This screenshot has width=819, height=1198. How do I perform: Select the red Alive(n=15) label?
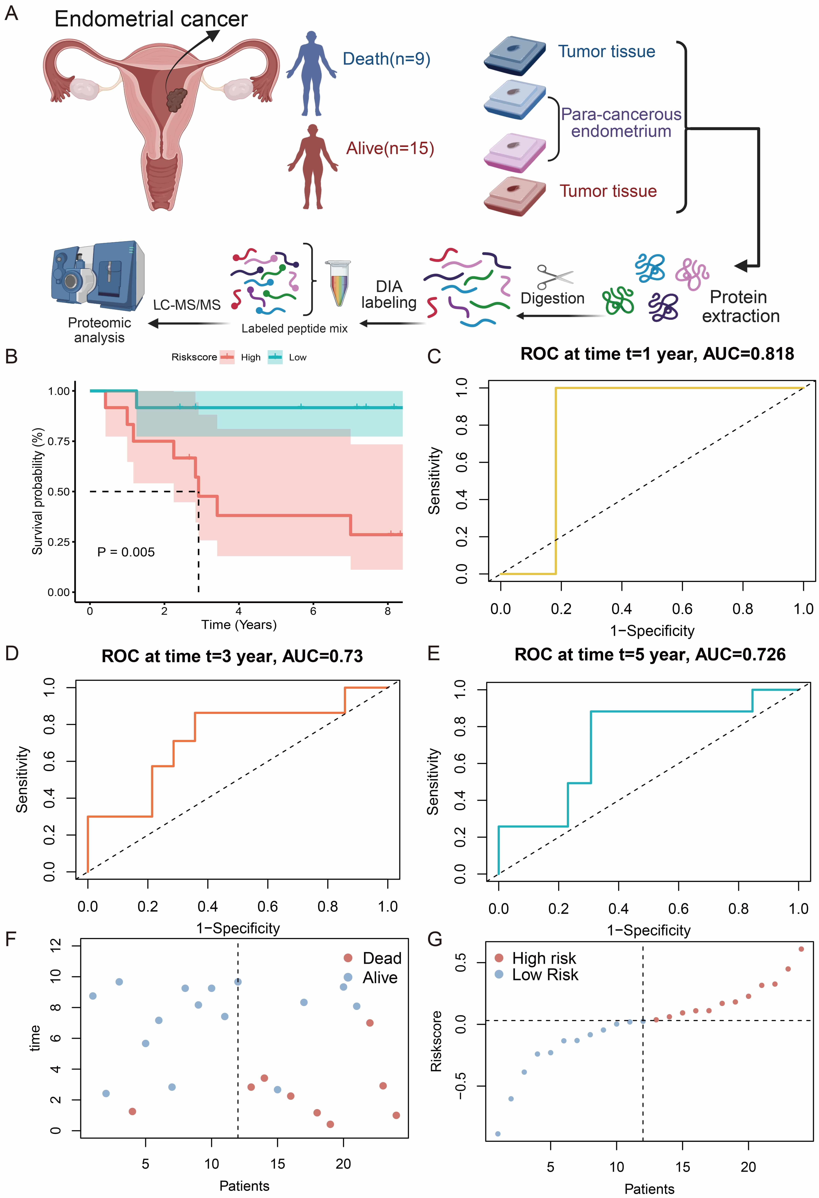390,149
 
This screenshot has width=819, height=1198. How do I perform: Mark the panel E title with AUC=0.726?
650,655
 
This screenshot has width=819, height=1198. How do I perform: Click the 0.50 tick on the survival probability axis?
58,492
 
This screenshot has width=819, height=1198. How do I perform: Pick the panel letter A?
11,13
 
